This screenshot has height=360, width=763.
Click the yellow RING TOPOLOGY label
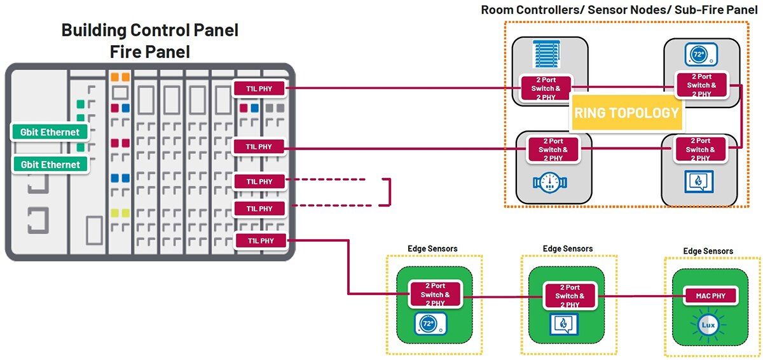627,113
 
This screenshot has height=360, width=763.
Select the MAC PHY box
711,296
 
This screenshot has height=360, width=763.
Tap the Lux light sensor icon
708,325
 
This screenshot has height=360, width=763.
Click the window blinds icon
546,54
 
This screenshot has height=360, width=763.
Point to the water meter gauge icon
550,183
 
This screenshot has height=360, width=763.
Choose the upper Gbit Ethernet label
50,132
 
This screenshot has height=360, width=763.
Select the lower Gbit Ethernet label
50,165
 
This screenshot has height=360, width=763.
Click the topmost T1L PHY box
259,88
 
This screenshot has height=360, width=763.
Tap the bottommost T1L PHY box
261,241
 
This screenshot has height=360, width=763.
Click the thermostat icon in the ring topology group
701,54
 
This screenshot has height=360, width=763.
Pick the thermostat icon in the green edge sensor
430,324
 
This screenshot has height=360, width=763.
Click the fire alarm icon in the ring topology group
699,181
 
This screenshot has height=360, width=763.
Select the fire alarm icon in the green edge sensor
564,324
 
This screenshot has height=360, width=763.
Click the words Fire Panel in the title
150,52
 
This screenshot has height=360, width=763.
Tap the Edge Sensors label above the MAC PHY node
708,251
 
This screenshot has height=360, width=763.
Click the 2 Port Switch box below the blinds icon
546,88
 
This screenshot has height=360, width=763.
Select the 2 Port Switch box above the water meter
553,149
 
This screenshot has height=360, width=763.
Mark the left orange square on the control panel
115,77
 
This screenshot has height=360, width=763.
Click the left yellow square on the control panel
115,213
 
